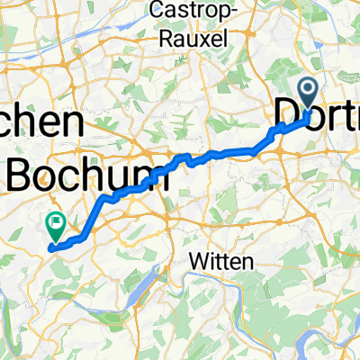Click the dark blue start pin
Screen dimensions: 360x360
(x=308, y=94)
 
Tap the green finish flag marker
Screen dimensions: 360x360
(x=56, y=220)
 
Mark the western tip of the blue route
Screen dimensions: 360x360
(x=50, y=245)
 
